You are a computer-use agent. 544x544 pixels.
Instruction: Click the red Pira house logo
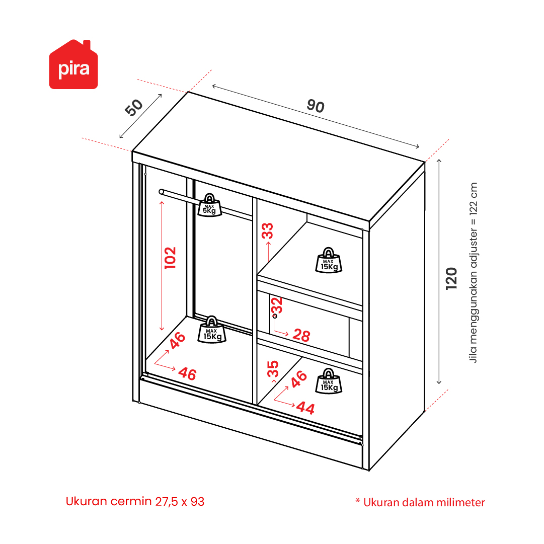(x=73, y=64)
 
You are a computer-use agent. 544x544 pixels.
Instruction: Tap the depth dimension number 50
(x=133, y=107)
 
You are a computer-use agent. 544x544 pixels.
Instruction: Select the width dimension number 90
(x=316, y=106)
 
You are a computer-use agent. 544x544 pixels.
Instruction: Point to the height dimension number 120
(x=451, y=279)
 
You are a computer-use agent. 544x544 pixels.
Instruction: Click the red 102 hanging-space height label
(x=171, y=258)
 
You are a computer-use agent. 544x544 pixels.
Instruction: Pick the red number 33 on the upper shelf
(x=268, y=230)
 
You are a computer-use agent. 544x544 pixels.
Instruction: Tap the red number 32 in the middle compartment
(x=277, y=305)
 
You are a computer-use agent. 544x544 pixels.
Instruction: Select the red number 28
(x=301, y=336)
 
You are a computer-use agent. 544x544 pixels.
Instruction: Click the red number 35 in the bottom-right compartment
(x=273, y=369)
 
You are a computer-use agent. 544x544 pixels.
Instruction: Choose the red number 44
(x=305, y=408)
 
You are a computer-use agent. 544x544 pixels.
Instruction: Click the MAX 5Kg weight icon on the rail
(x=209, y=205)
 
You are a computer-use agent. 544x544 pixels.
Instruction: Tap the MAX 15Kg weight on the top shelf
(x=329, y=260)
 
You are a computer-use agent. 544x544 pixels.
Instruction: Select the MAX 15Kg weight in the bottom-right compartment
(x=329, y=381)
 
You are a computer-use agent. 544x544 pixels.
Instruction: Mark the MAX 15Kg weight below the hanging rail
(x=212, y=330)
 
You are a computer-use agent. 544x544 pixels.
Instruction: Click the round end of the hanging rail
(x=162, y=192)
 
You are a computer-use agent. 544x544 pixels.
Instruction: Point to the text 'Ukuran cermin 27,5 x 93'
(x=135, y=501)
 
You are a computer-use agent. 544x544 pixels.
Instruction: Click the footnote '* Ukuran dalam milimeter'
(x=420, y=502)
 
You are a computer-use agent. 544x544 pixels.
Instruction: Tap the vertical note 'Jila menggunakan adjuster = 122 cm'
(x=473, y=273)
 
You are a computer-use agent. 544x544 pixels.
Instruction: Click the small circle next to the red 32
(x=275, y=316)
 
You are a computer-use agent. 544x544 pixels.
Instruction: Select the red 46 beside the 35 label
(x=298, y=379)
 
